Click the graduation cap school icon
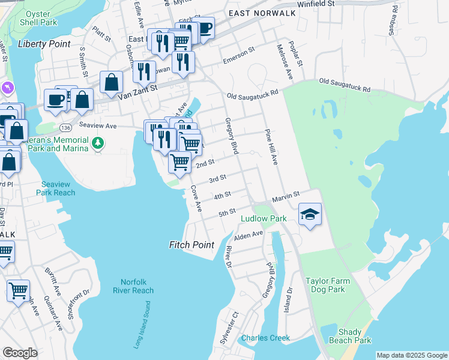tap(310, 215)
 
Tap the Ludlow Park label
tap(264, 219)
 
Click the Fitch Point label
tap(191, 245)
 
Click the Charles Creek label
tap(265, 338)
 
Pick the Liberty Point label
tap(44, 44)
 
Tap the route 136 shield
tap(65, 128)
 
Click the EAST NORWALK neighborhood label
tap(256, 13)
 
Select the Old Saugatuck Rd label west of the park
tap(252, 94)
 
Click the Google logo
tap(20, 353)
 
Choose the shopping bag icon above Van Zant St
tap(112, 83)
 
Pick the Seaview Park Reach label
tap(58, 188)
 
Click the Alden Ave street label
tap(249, 235)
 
